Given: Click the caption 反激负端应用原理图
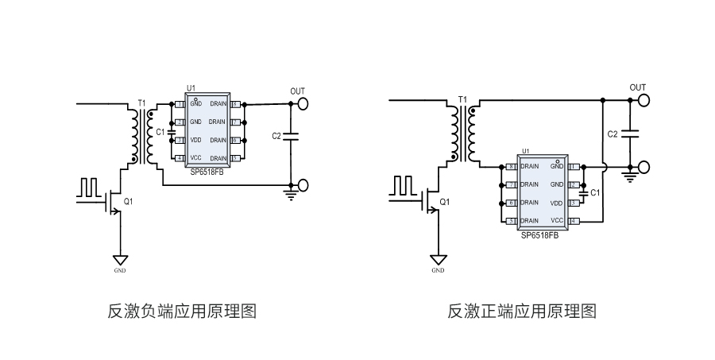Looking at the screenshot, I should pos(182,311).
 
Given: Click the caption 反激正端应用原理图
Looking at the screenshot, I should pos(522,311).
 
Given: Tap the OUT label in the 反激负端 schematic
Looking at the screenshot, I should pos(297,91).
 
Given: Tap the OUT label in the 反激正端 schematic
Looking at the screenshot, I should pos(638,87).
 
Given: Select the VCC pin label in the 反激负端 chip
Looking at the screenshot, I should pos(195,158).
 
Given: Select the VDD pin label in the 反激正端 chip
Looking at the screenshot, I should pos(556,203).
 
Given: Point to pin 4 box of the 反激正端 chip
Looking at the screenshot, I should pos(573,220).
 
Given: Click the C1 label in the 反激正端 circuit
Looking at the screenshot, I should pos(597,192).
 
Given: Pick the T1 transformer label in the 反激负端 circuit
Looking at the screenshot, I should pos(141,103).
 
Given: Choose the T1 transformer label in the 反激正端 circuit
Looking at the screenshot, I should pos(462,99).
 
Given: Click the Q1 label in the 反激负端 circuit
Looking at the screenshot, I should pos(128,202).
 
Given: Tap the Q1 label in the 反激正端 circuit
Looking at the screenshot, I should pos(445,202).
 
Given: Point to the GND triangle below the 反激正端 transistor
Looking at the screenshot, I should pos(438,260).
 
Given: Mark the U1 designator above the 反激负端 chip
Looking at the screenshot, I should pos(191,87).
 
